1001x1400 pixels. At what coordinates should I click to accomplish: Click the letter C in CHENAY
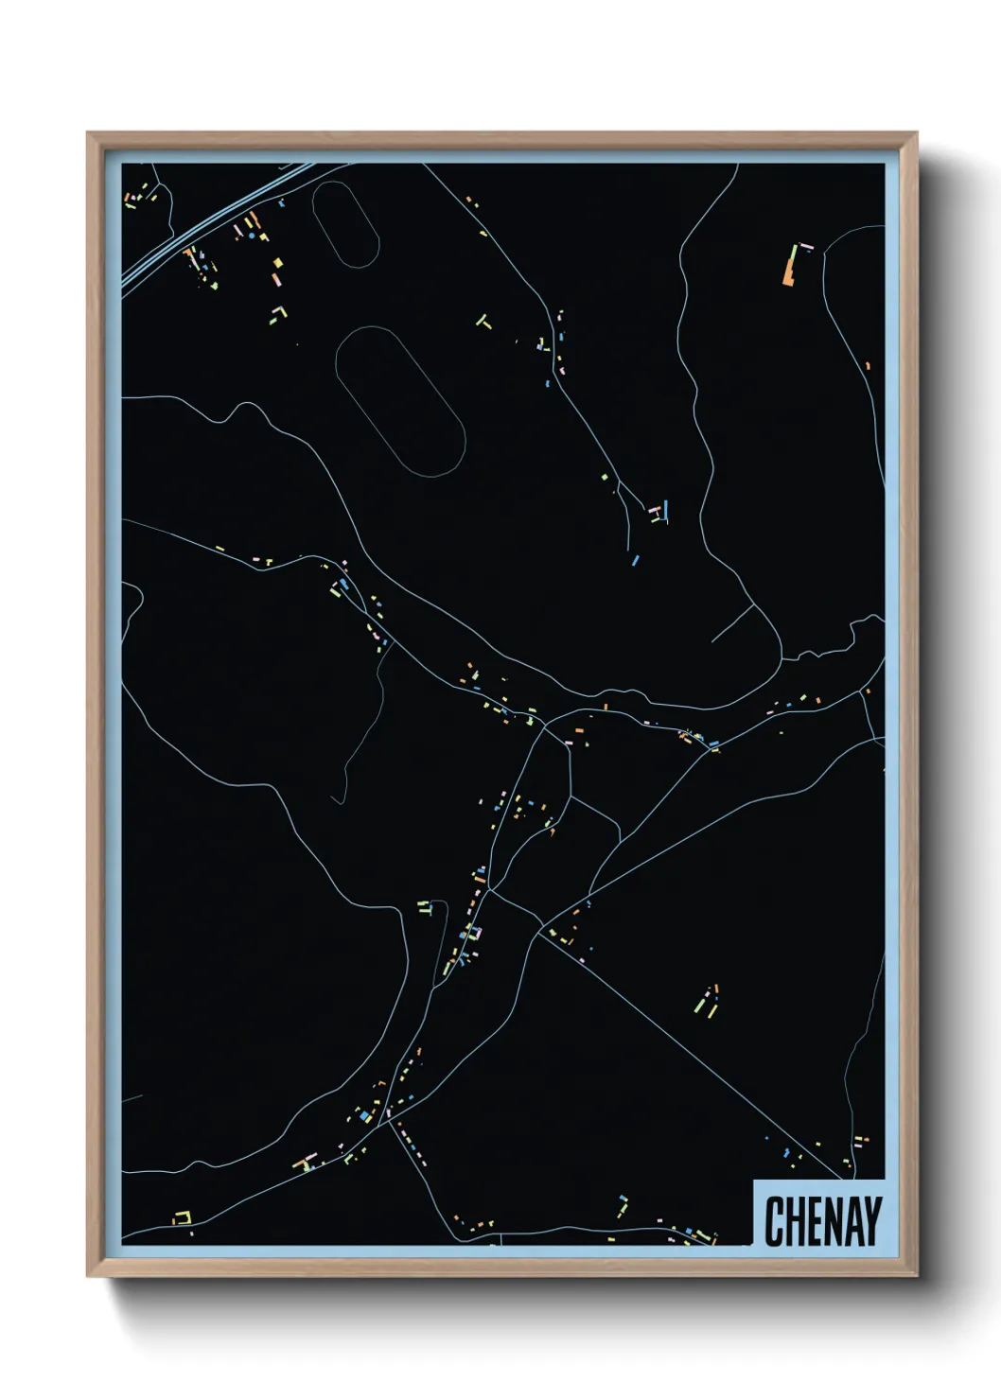point(772,1221)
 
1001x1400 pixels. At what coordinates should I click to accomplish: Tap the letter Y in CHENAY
point(872,1221)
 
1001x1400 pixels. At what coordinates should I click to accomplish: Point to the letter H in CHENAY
point(792,1221)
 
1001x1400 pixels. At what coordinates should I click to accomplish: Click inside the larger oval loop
point(399,401)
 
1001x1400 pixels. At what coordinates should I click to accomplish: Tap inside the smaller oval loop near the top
point(345,223)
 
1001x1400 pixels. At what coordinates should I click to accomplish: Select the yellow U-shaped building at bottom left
point(181,1217)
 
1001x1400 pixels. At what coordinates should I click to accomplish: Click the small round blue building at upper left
point(281,201)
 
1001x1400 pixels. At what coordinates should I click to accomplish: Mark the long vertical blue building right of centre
point(666,511)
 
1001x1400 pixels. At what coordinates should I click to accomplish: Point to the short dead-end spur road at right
point(733,624)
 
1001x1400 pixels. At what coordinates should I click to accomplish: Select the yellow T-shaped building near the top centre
point(483,323)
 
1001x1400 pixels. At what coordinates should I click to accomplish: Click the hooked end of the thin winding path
point(337,800)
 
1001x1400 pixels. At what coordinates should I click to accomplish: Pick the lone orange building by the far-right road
point(868,366)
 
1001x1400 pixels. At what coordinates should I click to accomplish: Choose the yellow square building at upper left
point(277,264)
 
